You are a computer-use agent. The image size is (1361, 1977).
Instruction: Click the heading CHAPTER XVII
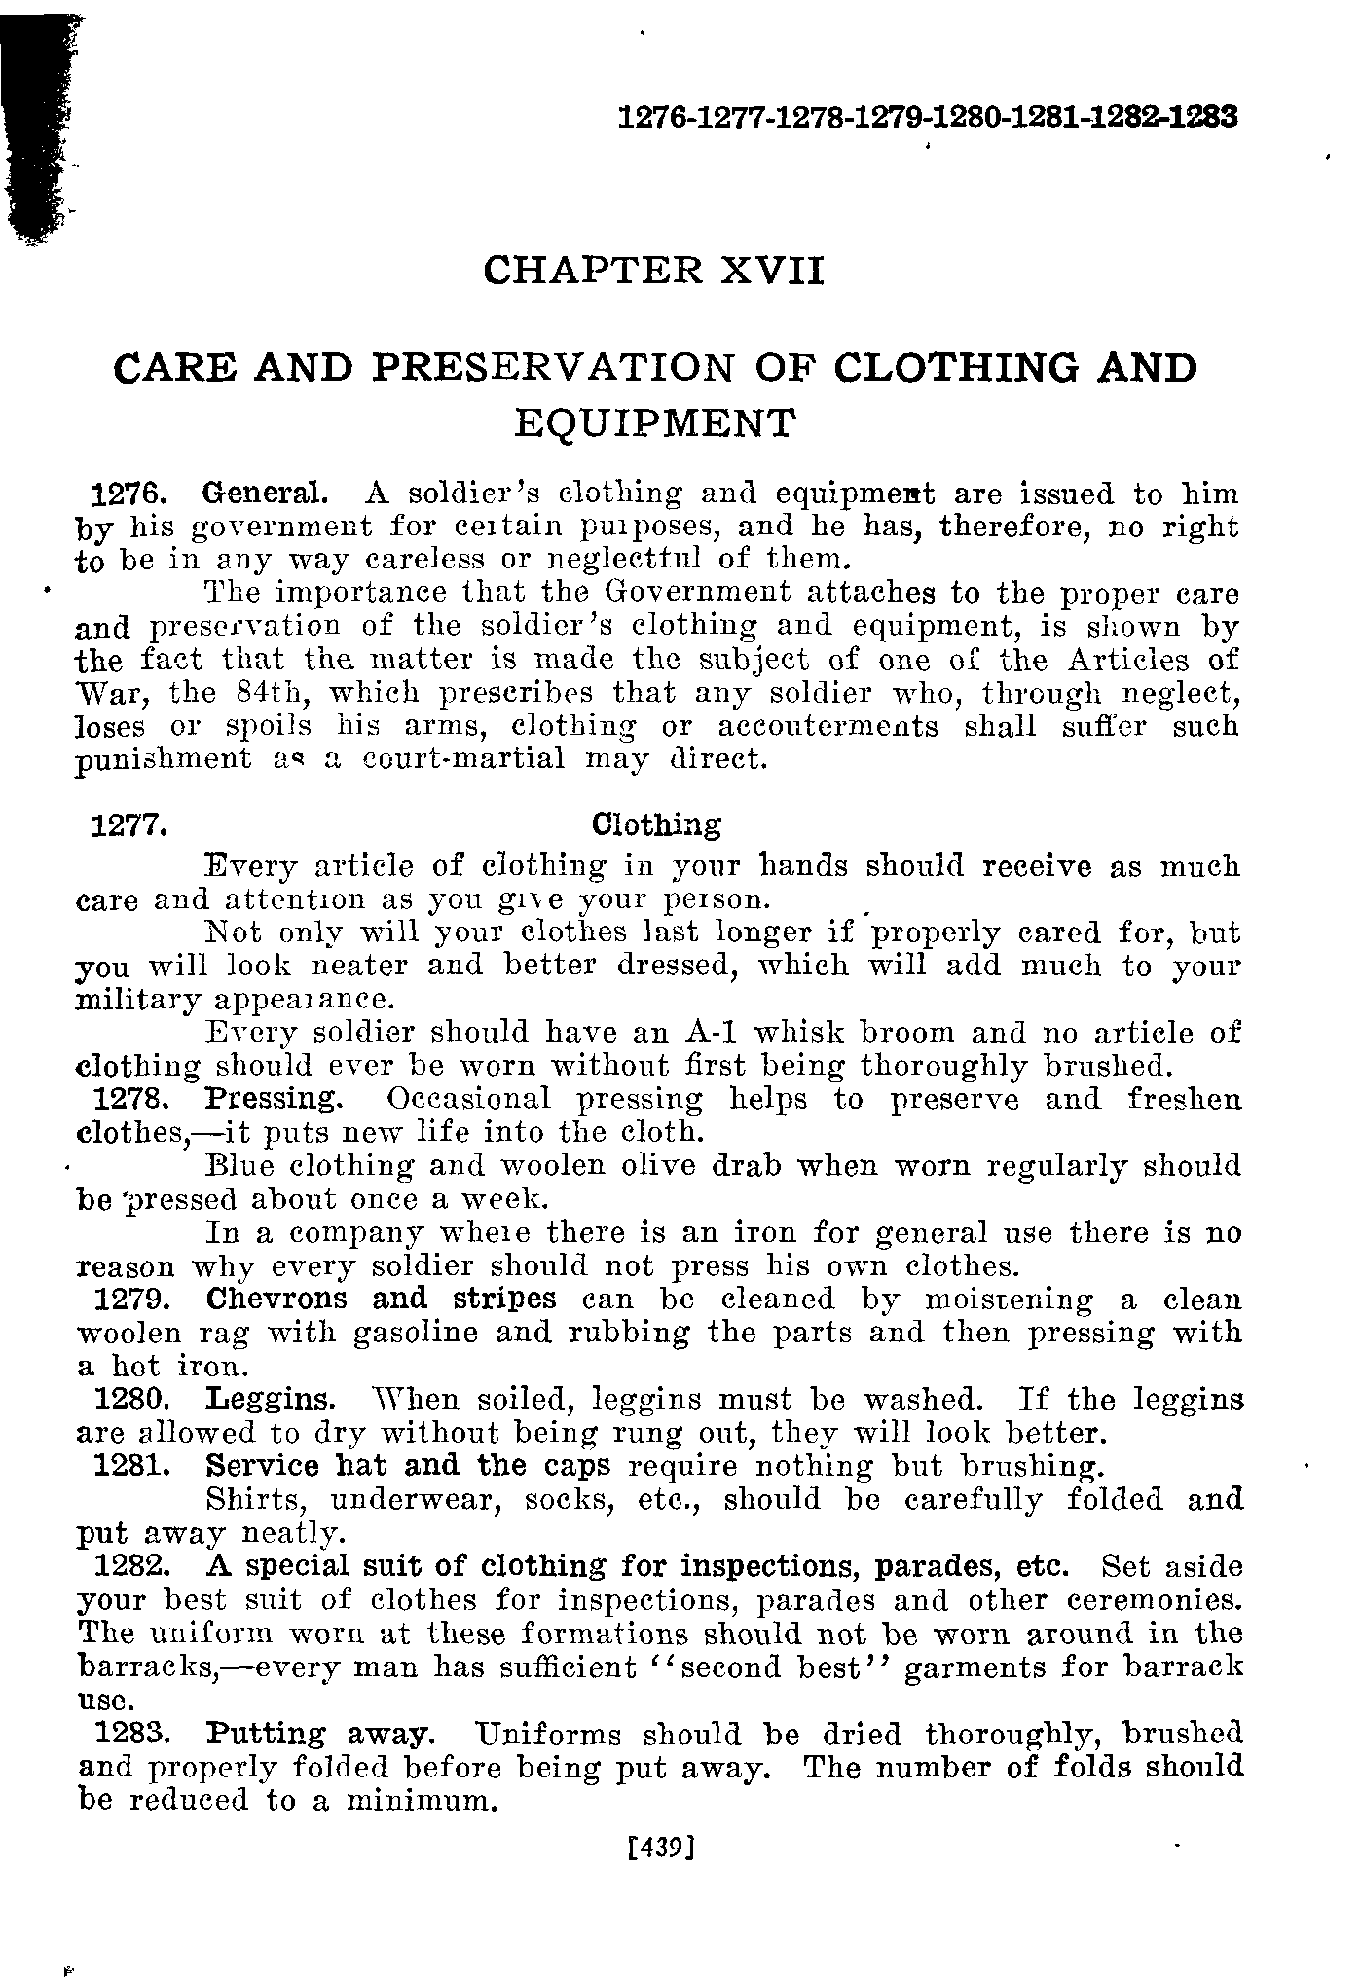pyautogui.click(x=653, y=270)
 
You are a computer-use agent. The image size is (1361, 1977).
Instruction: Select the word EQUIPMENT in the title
pyautogui.click(x=655, y=422)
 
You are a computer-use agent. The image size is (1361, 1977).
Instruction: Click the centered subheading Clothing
pyautogui.click(x=657, y=825)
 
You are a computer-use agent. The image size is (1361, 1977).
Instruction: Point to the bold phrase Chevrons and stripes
pyautogui.click(x=382, y=1299)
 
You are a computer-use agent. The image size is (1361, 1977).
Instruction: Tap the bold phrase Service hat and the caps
pyautogui.click(x=409, y=1466)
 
